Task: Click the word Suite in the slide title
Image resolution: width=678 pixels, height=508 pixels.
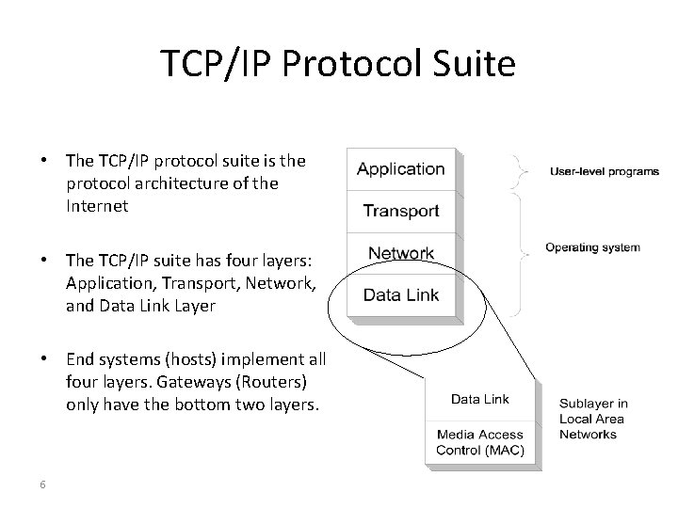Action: pyautogui.click(x=474, y=65)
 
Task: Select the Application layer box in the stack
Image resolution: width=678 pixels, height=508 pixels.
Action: pyautogui.click(x=401, y=169)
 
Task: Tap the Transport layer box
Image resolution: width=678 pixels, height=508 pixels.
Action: pyautogui.click(x=401, y=212)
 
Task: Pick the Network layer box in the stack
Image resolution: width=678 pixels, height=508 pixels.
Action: pyautogui.click(x=401, y=253)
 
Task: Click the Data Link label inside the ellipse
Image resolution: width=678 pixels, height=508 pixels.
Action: pyautogui.click(x=401, y=294)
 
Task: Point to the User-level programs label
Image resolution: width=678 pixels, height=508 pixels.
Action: pyautogui.click(x=604, y=171)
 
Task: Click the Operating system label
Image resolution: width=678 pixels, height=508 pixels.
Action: pyautogui.click(x=592, y=247)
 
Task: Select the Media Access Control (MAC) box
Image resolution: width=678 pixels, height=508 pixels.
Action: pyautogui.click(x=480, y=442)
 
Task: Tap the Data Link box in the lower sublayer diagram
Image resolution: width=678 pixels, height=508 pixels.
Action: pyautogui.click(x=480, y=399)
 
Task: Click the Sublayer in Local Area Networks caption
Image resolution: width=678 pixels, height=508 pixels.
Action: pyautogui.click(x=593, y=419)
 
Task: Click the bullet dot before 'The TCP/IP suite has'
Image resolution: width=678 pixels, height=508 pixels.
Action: pyautogui.click(x=44, y=259)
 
